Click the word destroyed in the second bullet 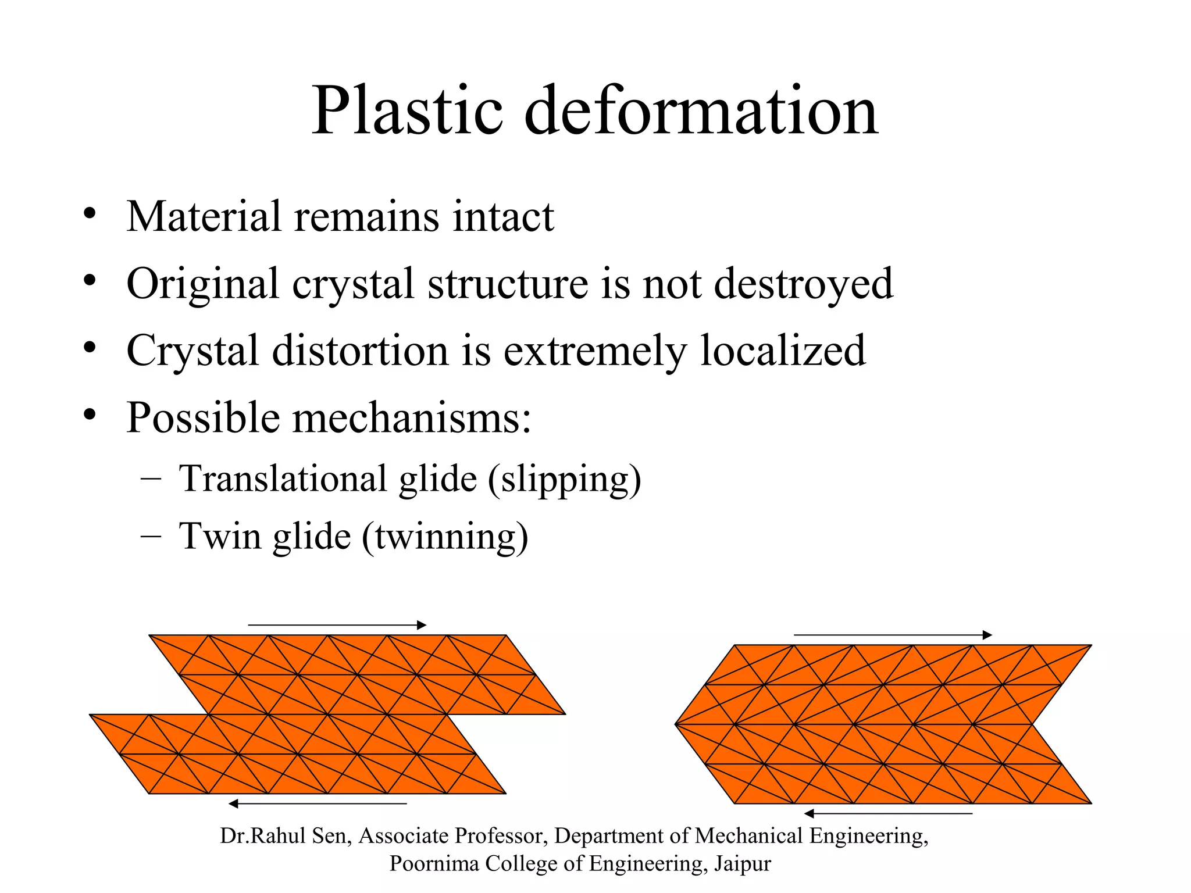[x=803, y=283]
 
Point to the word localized [x=783, y=351]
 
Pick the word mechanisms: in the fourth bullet [x=411, y=417]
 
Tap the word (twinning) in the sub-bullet [x=445, y=536]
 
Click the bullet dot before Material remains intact [x=89, y=213]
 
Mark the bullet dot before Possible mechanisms [x=89, y=415]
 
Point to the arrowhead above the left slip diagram [x=422, y=626]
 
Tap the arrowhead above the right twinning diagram [x=987, y=635]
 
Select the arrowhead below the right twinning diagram [x=809, y=813]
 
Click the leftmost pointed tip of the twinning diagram [x=676, y=724]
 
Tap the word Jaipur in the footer [x=742, y=864]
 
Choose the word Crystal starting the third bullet [x=192, y=351]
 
